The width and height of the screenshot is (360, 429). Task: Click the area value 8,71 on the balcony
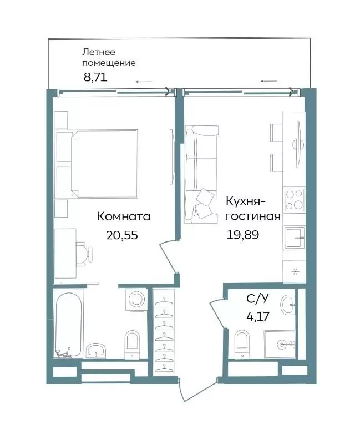click(x=95, y=78)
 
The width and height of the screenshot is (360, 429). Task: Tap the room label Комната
click(x=124, y=216)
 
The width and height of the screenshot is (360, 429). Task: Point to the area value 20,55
click(x=122, y=235)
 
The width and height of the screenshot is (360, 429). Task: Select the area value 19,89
click(x=242, y=235)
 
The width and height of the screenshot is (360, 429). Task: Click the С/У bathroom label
click(x=257, y=299)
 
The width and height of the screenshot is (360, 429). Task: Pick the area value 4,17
click(x=258, y=316)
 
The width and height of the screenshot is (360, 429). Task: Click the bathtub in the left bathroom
click(x=69, y=324)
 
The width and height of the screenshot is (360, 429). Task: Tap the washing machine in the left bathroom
click(x=136, y=300)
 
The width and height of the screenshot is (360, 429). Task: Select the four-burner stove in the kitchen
click(x=295, y=200)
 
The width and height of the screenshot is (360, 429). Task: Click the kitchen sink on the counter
click(x=295, y=238)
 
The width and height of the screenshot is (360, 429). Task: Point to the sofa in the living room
click(x=202, y=174)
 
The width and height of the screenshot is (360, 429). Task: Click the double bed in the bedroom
click(x=97, y=164)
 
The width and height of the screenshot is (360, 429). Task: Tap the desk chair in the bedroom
click(x=84, y=254)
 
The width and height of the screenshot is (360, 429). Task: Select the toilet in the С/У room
click(x=242, y=344)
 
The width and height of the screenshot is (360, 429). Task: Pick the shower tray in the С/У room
click(x=280, y=344)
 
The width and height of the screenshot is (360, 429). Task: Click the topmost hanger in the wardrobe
click(x=164, y=301)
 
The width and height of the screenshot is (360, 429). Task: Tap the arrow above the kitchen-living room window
click(x=269, y=81)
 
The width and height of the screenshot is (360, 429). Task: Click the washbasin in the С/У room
click(x=288, y=305)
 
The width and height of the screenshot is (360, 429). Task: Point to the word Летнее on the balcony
click(x=99, y=52)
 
